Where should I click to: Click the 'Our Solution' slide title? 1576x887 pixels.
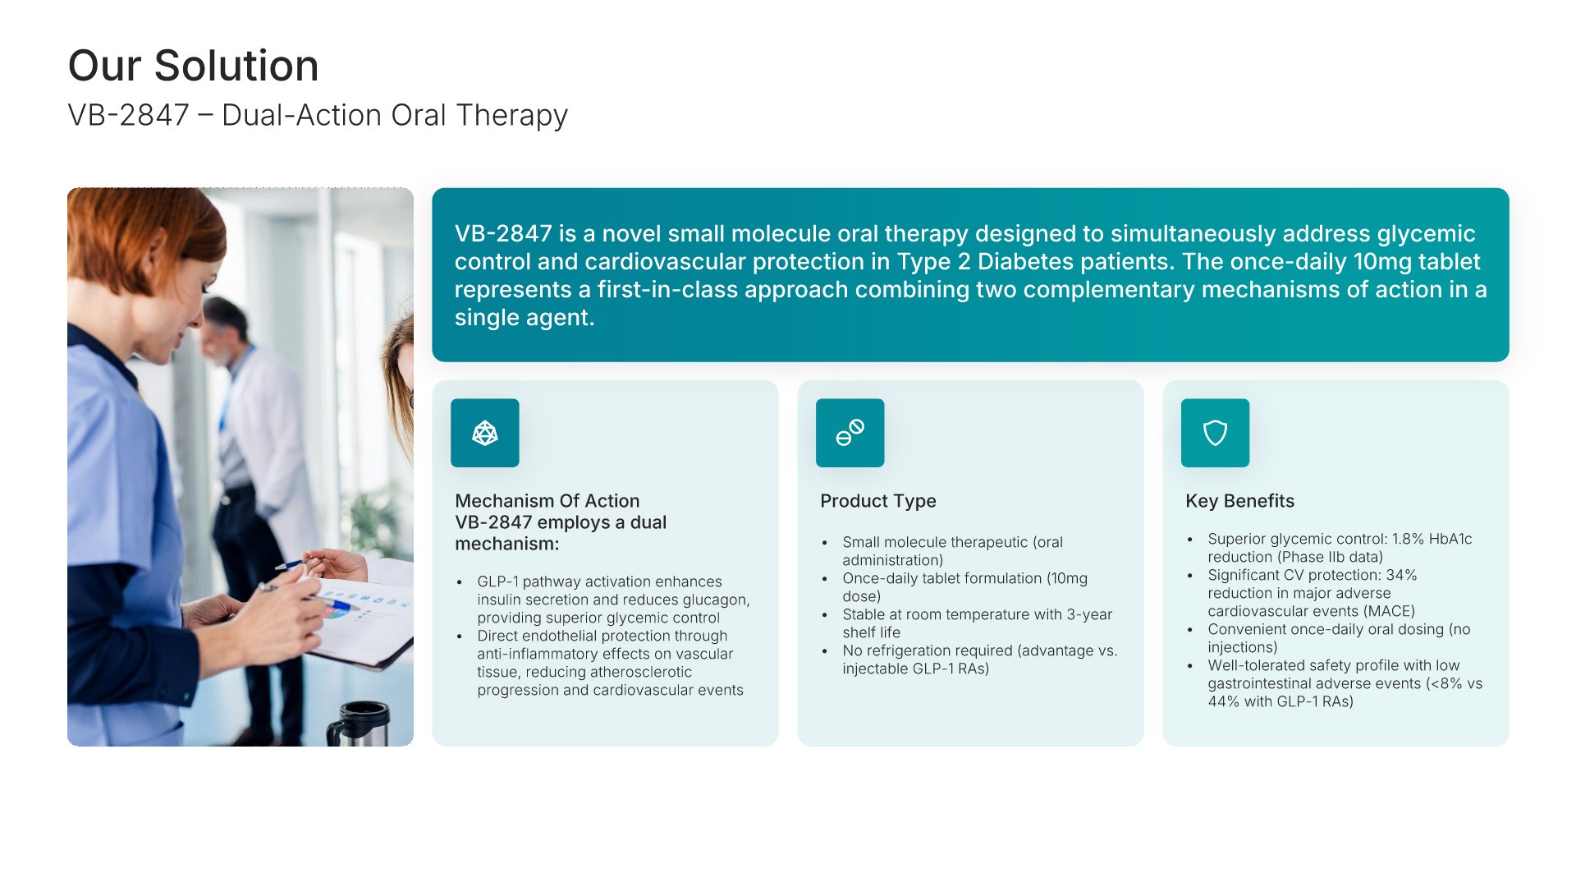coord(193,66)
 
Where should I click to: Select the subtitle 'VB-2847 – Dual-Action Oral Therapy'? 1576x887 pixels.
coord(318,116)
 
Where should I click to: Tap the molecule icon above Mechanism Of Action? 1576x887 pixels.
coord(484,433)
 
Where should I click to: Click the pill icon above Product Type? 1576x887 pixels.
coord(850,433)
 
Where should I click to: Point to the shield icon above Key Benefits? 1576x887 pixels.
coord(1215,433)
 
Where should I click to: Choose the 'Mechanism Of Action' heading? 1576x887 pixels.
coord(547,501)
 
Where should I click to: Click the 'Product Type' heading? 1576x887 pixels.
coord(877,501)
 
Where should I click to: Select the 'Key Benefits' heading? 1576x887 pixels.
coord(1239,501)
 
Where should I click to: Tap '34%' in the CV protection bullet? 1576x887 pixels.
coord(1401,575)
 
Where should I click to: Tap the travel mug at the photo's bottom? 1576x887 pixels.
coord(359,724)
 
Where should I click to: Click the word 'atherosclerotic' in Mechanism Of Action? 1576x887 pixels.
coord(640,672)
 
